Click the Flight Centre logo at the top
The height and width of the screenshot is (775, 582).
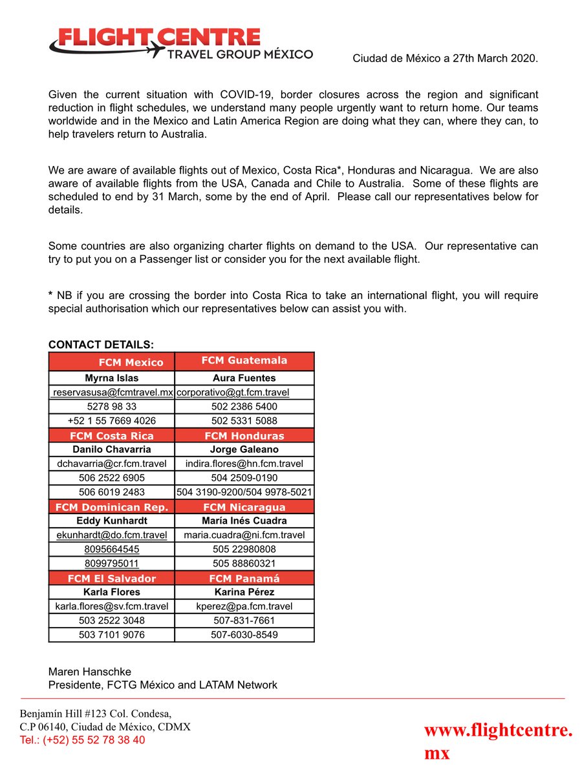coord(180,43)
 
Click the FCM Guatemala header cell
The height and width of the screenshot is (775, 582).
coord(244,360)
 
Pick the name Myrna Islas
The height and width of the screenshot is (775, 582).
coord(112,378)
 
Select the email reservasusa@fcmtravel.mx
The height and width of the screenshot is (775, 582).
coord(113,393)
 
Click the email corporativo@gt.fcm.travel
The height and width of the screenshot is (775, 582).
coord(233,393)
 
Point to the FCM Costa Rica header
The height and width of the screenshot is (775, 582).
coord(112,436)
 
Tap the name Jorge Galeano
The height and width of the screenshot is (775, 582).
coord(244,449)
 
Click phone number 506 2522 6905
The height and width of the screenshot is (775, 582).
coord(112,478)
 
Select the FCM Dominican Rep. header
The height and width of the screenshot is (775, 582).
coord(112,507)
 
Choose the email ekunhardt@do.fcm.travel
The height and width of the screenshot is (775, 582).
coord(112,535)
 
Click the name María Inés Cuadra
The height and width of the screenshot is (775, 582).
coord(244,521)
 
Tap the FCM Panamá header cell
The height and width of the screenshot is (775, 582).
coord(244,578)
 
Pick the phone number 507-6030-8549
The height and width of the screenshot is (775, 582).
coord(244,635)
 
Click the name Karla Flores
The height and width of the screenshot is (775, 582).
coord(112,592)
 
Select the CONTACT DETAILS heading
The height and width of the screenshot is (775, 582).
coord(101,345)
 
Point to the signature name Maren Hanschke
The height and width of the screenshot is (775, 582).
coord(90,672)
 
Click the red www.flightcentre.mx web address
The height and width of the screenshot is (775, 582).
coord(497,741)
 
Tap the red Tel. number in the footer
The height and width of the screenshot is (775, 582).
coord(83,740)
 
